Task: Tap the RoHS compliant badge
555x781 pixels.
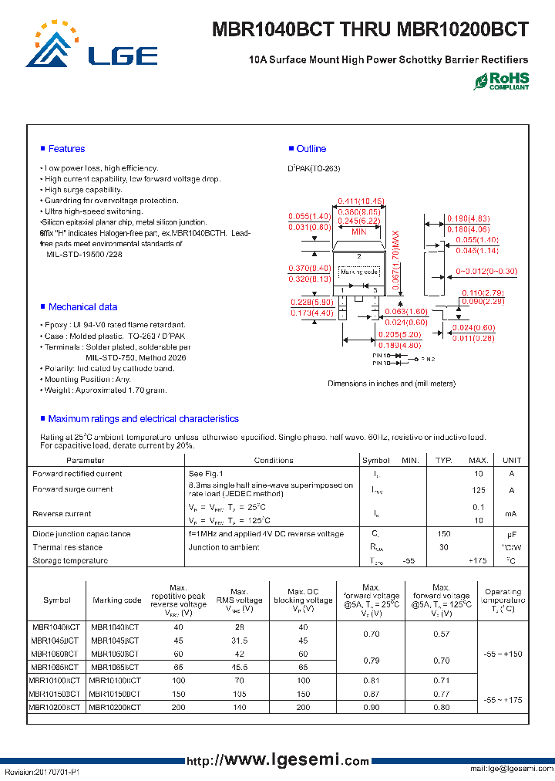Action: tap(501, 81)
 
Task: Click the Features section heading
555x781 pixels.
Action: tap(66, 149)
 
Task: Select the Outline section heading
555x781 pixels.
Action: tap(311, 149)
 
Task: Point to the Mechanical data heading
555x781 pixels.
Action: tap(82, 307)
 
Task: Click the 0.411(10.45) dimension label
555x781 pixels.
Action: tap(361, 201)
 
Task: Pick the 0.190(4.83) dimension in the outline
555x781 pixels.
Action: tap(468, 219)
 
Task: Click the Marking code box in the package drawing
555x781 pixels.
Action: tap(359, 272)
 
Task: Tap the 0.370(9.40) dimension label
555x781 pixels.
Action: tap(309, 268)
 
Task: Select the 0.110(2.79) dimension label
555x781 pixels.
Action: tap(483, 293)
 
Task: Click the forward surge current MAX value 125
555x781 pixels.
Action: tap(479, 490)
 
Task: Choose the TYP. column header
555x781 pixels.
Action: tap(443, 461)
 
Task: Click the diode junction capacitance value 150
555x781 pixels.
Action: tap(443, 534)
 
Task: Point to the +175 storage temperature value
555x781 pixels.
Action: tap(479, 561)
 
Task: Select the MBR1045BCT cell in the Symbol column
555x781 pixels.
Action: tap(55, 641)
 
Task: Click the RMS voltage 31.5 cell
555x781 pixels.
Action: tap(239, 641)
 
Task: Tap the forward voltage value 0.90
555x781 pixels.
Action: tap(371, 707)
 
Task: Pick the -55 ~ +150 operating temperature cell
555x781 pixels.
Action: tap(503, 654)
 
